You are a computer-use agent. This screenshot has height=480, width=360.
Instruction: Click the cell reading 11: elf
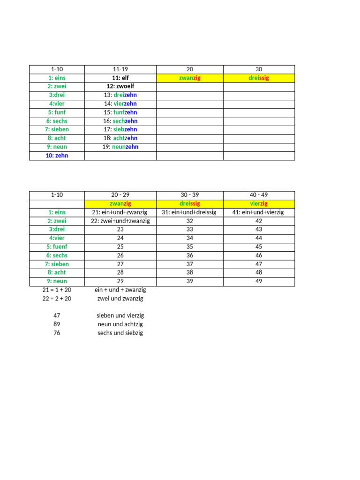point(120,78)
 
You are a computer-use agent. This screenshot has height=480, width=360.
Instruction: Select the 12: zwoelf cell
point(120,86)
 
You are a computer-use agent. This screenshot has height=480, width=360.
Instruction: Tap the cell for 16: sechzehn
point(120,121)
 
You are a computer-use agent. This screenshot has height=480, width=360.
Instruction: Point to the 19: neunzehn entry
point(120,147)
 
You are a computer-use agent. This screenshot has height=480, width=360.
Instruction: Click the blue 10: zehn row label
point(57,156)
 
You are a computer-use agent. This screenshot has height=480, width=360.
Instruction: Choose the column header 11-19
point(120,69)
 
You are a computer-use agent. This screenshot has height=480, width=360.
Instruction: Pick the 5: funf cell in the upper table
point(57,112)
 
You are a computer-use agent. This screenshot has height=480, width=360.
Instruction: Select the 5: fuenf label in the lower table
point(57,247)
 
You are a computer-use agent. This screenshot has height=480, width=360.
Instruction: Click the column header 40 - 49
point(259,195)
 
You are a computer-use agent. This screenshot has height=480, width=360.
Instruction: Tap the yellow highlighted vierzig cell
point(259,203)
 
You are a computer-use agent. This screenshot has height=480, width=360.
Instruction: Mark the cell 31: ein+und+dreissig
point(189,212)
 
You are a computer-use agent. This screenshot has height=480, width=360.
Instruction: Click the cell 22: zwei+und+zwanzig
point(120,221)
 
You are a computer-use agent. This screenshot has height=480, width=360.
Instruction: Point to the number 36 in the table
point(189,255)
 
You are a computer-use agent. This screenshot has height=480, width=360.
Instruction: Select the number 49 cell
point(259,281)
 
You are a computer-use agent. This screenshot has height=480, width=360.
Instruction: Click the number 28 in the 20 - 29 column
point(120,272)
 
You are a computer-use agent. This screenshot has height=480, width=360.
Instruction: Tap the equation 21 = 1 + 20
point(57,290)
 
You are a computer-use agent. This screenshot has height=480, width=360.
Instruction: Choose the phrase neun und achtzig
point(120,324)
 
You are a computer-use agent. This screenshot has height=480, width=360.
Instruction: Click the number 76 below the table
point(57,333)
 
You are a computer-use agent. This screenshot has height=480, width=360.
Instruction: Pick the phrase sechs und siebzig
point(120,333)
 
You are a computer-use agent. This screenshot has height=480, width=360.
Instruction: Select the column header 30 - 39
point(189,195)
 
